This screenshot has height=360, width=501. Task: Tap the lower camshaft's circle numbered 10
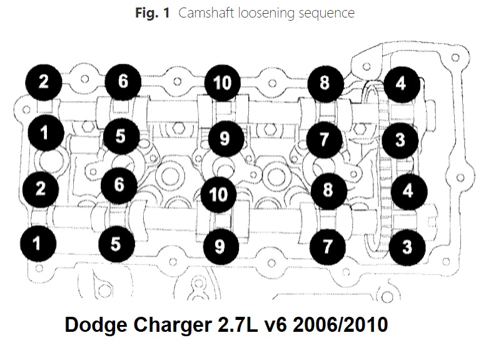[219, 193]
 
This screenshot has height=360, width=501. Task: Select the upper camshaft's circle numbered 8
[325, 83]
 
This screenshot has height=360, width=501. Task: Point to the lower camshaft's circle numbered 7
[326, 245]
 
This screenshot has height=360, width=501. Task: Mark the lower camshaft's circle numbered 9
[219, 245]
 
